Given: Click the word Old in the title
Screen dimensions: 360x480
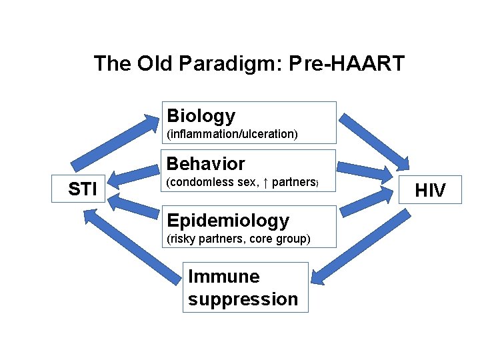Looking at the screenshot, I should coord(155,64).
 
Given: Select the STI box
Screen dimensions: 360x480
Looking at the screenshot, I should coord(83,189).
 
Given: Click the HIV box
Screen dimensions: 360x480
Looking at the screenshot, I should coord(430,191).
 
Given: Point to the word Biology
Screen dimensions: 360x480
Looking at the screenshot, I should coord(201,116).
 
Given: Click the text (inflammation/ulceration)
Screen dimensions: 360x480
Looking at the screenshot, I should coord(232,134).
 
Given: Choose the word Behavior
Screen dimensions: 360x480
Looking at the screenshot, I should coord(206,164).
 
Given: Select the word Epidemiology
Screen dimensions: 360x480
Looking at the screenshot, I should coord(228,221).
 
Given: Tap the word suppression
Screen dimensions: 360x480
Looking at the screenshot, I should coord(243,299).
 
